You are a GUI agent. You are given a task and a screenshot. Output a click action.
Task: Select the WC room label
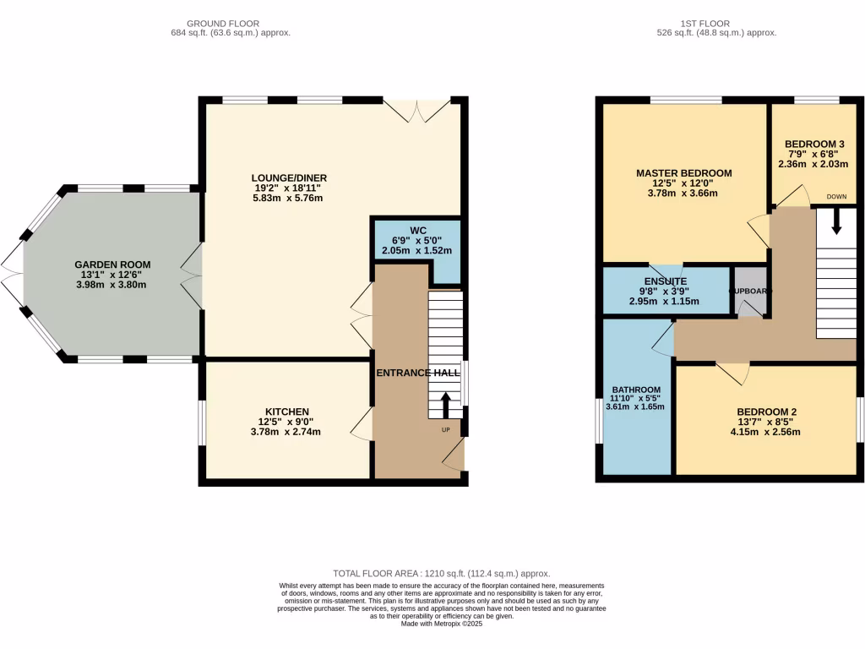pos(416,230)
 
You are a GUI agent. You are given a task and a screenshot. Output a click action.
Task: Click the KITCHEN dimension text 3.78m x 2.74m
pos(286,432)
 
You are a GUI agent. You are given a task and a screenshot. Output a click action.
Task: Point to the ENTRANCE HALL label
pos(418,373)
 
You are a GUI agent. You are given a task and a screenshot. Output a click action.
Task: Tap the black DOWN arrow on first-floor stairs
pos(837,221)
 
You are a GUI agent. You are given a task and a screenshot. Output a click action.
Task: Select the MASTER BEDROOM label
pos(683,172)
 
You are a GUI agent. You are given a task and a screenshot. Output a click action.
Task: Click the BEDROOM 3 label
pos(814,144)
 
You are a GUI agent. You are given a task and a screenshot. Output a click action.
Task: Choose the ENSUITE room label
pos(664,281)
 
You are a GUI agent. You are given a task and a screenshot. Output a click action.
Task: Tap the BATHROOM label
pos(635,390)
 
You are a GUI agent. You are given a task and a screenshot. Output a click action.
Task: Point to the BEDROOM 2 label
pos(766,412)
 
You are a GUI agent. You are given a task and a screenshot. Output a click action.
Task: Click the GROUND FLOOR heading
pos(223,24)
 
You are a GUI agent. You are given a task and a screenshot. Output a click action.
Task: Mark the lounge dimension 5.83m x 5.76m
pos(289,198)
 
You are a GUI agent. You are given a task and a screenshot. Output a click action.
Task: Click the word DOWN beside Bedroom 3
pos(836,196)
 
